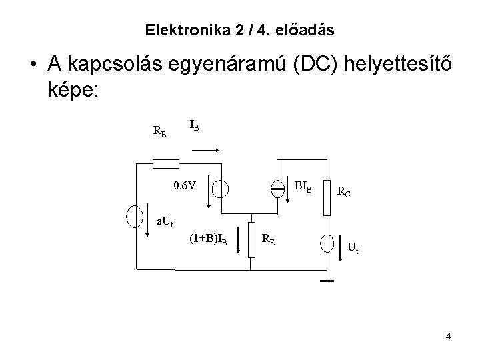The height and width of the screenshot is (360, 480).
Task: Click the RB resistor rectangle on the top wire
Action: (x=167, y=164)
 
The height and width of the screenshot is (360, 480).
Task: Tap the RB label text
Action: (x=160, y=131)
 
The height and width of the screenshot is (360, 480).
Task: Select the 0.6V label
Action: (x=184, y=185)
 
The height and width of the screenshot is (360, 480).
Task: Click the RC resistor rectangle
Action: (x=327, y=195)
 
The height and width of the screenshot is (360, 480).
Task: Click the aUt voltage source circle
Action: (x=135, y=215)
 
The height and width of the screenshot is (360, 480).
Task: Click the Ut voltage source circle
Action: (x=327, y=243)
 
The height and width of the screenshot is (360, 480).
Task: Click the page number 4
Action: (x=448, y=336)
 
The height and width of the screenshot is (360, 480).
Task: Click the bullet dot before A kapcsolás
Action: (x=33, y=64)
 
